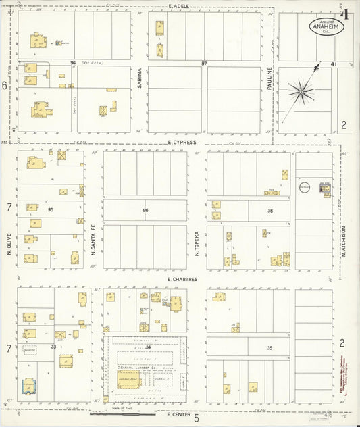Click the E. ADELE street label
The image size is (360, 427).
tap(179, 6)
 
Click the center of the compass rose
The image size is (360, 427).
tap(301, 91)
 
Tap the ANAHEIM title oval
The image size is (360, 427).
tap(326, 26)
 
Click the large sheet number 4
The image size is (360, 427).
tap(344, 14)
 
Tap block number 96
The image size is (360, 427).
tap(145, 210)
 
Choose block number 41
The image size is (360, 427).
tap(333, 64)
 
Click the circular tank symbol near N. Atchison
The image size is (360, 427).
tap(303, 188)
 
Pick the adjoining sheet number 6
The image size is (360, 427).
tap(4, 86)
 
